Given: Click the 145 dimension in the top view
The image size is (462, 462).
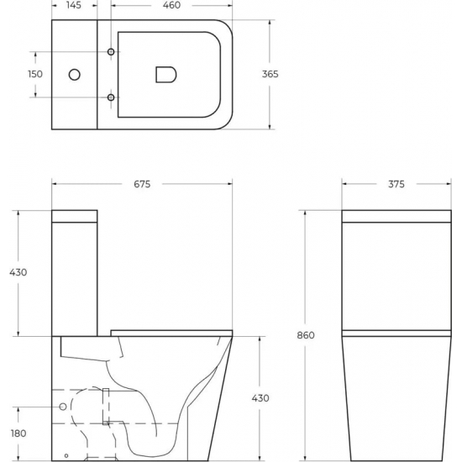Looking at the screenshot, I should pos(74,6).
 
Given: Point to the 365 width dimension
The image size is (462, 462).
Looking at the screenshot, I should pos(270,74).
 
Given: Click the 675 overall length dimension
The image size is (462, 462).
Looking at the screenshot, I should pos(140,185).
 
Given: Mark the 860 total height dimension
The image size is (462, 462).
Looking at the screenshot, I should pos(306,335).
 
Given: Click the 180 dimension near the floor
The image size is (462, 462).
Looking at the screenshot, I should pos(17,433).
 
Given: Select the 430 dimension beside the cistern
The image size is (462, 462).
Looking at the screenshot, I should pos(18,272).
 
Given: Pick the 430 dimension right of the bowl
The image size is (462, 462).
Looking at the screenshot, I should pos(260,397).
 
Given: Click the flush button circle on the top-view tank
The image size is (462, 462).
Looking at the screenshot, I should pos(74,75).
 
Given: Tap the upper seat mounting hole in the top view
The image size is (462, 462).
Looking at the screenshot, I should pos(111,53).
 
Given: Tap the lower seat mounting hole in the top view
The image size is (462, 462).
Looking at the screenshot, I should pos(111,97).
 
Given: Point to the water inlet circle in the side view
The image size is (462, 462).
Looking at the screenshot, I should pos(63,407).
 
